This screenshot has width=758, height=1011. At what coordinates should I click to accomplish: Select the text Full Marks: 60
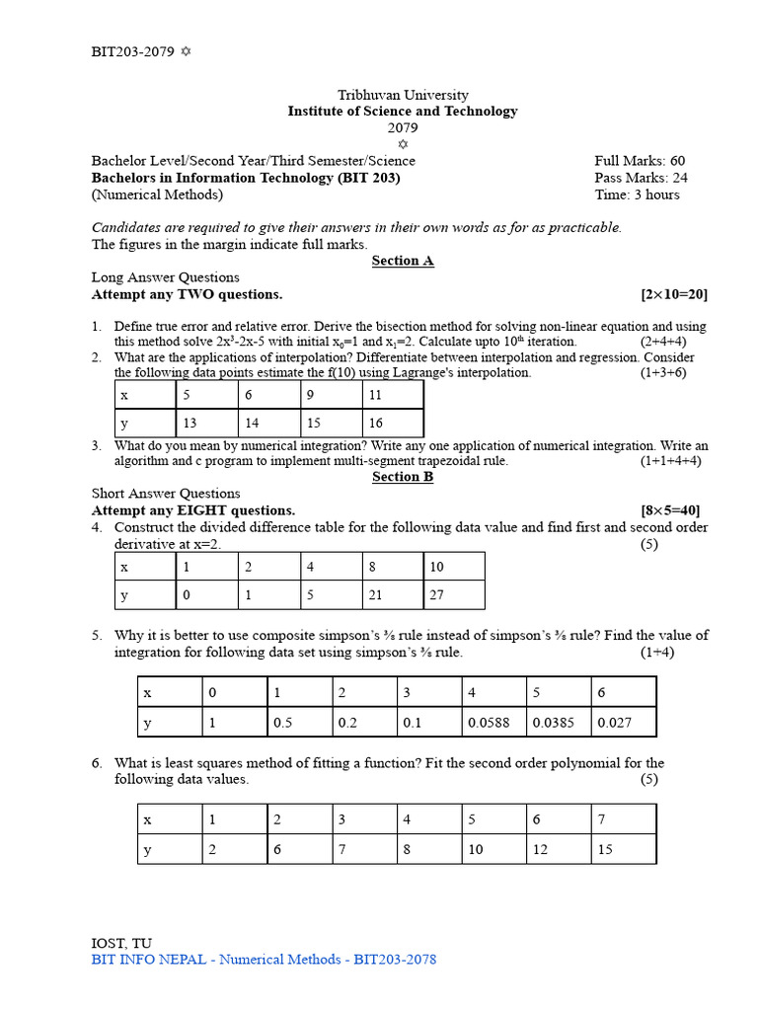tap(640, 161)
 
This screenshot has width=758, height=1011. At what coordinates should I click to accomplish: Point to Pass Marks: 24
tap(641, 178)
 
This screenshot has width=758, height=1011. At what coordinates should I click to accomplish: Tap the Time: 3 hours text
tap(637, 194)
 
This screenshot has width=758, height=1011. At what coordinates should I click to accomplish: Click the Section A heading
tap(403, 261)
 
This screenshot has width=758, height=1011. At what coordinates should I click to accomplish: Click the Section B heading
tap(403, 477)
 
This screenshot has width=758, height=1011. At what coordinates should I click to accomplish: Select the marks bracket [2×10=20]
tap(673, 294)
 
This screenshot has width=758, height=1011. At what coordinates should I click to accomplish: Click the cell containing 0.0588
tap(493, 722)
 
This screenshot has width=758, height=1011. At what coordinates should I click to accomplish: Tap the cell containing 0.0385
tap(558, 722)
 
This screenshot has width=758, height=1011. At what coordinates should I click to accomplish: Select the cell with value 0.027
tap(623, 722)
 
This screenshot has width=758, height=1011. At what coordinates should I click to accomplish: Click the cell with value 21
tap(391, 595)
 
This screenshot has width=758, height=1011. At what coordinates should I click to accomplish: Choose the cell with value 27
tap(453, 595)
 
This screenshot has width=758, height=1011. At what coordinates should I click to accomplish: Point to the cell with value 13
tap(206, 423)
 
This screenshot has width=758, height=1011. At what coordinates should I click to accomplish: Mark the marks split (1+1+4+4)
tap(670, 460)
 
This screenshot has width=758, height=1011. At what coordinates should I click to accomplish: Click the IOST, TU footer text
tap(121, 943)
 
